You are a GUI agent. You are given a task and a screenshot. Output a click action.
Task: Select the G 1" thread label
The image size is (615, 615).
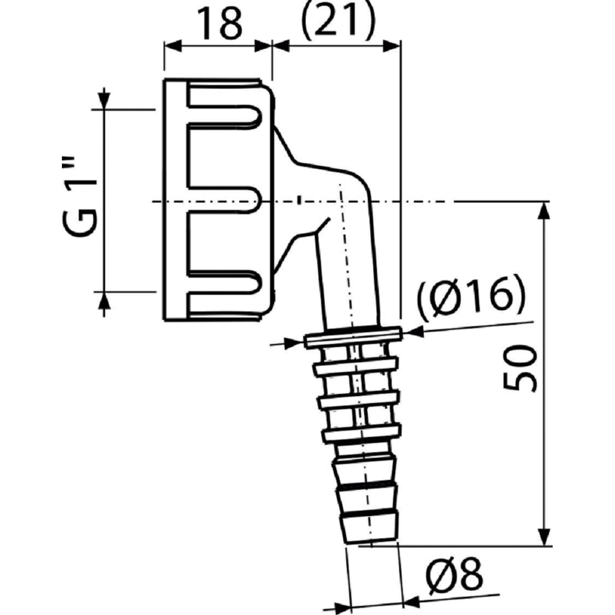click(80, 196)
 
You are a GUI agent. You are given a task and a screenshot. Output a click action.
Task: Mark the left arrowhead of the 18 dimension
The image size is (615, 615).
click(172, 46)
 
